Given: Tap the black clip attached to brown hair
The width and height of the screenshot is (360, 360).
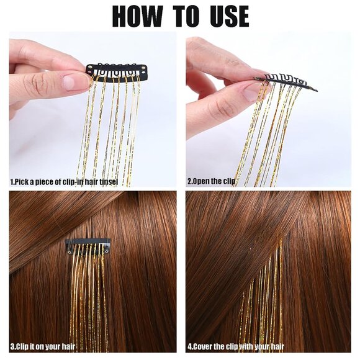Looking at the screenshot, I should point(88,246).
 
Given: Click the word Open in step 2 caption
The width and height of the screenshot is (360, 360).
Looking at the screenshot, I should point(206,182).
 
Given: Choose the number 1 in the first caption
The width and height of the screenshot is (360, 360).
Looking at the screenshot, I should point(12,182).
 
